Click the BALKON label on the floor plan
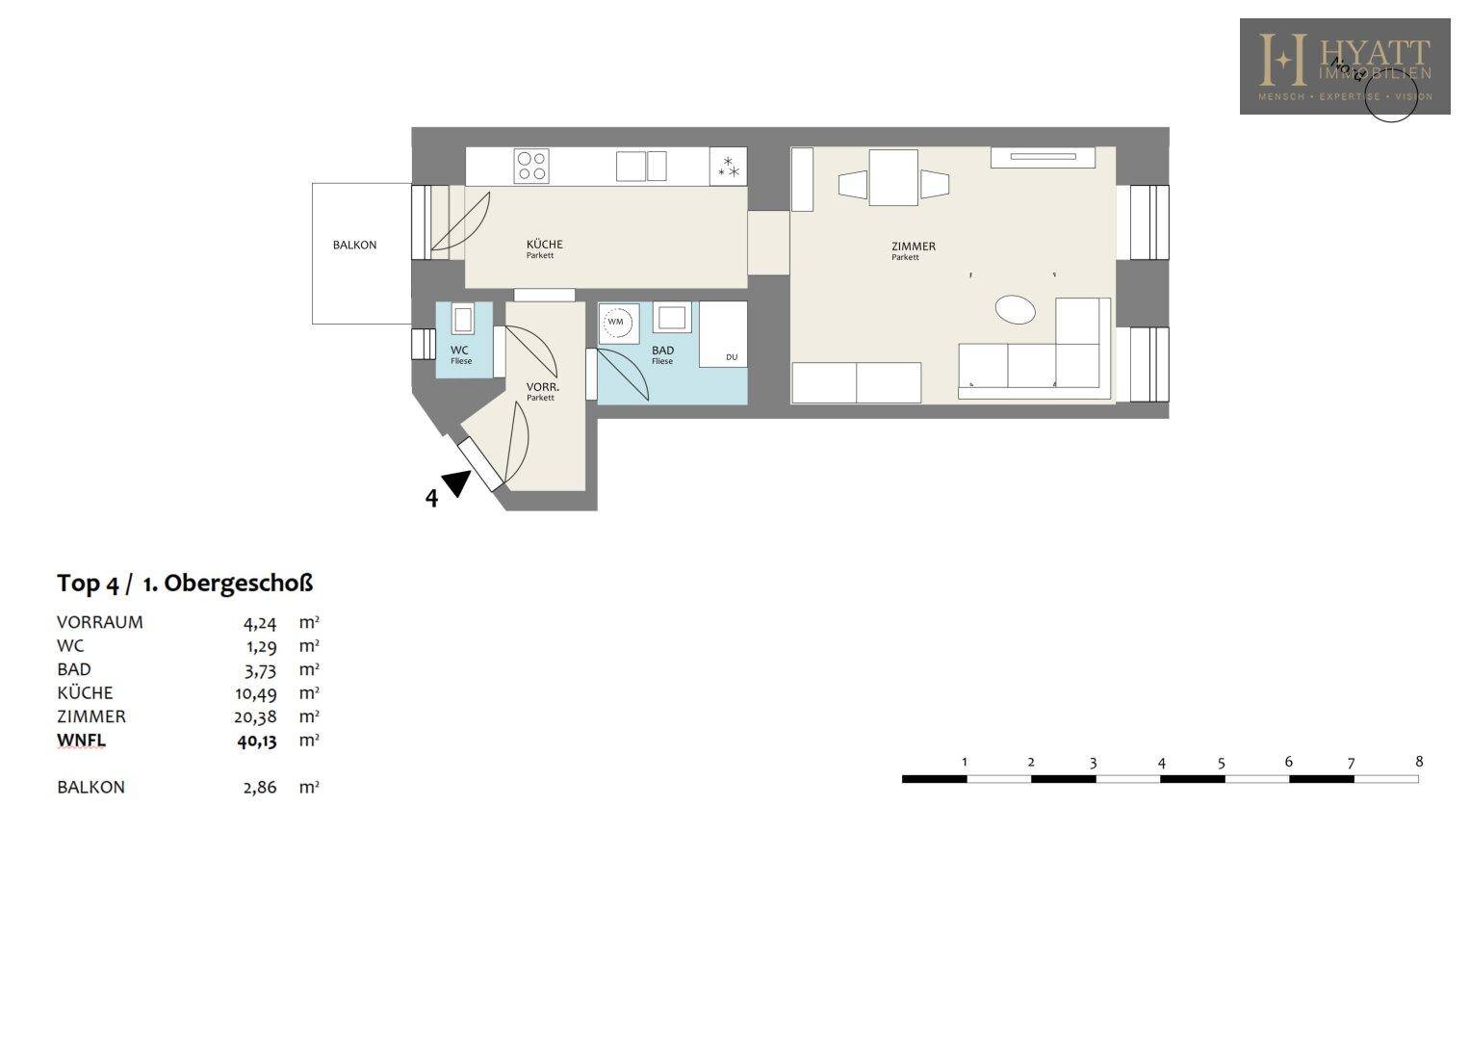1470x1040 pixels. pos(354,245)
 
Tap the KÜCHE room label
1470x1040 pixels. pos(544,244)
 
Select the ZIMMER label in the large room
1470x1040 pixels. pos(914,247)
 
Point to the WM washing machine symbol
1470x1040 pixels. pos(615,322)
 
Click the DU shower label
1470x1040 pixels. pos(732,357)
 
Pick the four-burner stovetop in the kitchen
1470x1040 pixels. pos(531,166)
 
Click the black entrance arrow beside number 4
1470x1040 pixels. pos(457,482)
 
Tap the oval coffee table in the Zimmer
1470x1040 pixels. pos(1016,308)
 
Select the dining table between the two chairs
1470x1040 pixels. pos(893,177)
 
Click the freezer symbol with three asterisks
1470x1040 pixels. pos(728,166)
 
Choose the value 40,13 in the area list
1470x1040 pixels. pos(257,741)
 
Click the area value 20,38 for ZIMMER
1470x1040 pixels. pos(255,717)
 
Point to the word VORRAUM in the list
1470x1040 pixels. pos(100,622)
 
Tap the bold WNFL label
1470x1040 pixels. pos(82,740)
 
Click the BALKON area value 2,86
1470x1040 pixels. pos(260,788)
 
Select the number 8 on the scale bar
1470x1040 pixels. pos(1420,761)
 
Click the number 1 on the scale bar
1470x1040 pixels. pos(965,762)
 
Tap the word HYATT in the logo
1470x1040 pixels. pos(1375,54)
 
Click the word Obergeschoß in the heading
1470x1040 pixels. pos(238,583)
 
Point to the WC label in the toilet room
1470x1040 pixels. pos(459,350)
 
